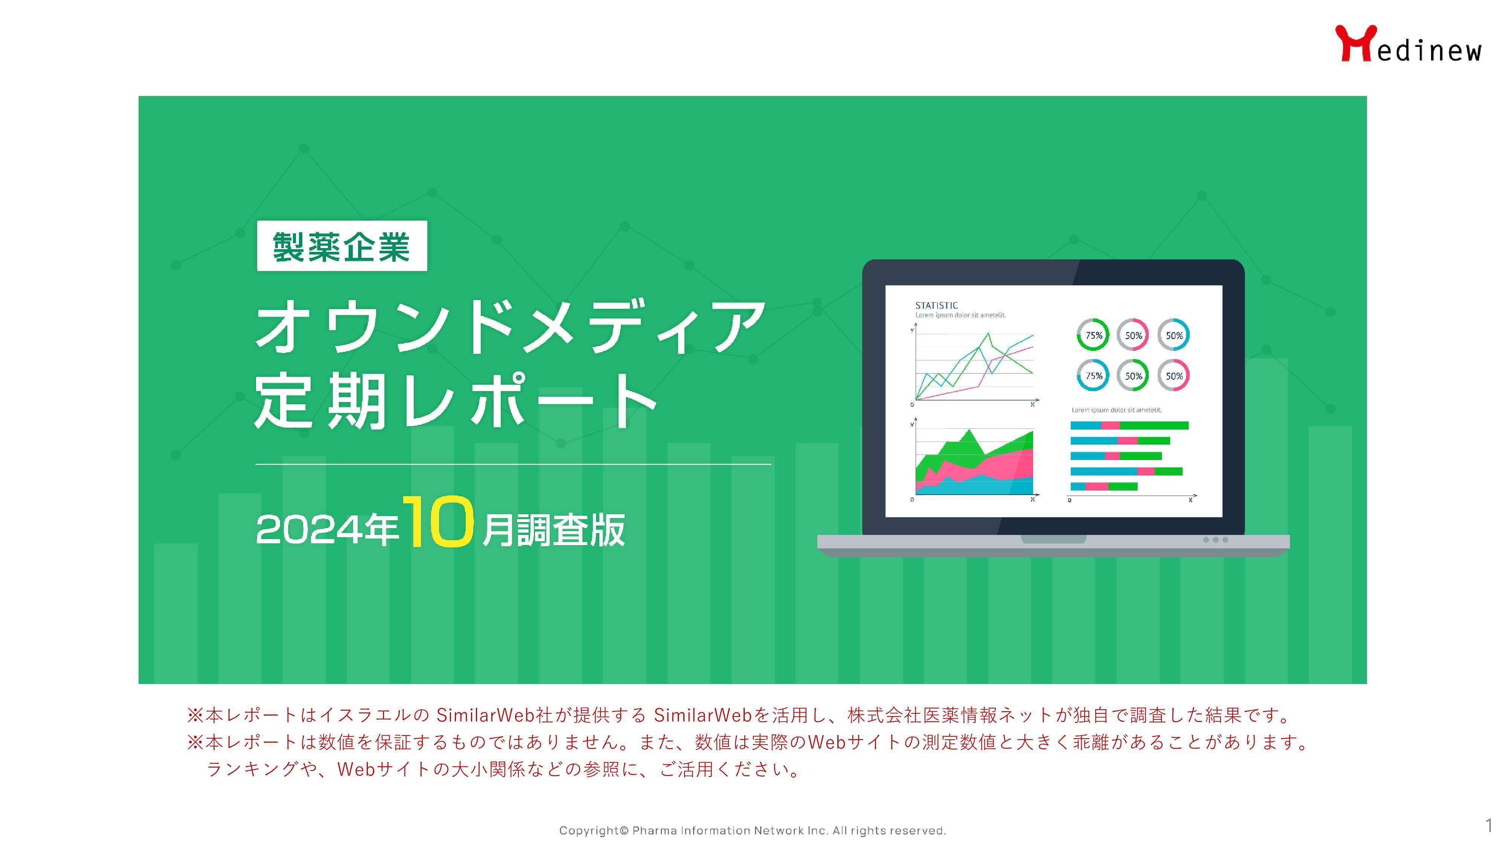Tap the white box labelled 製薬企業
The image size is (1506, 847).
[x=342, y=245]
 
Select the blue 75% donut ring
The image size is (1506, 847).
[x=1093, y=360]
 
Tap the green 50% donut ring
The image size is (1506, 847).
[x=1133, y=360]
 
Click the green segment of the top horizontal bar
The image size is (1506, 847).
[x=1154, y=425]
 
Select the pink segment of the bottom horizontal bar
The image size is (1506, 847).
[x=1097, y=486]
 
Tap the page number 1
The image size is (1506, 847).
[x=1488, y=826]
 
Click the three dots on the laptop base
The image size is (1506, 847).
[x=1215, y=540]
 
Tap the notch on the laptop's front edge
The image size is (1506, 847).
[x=1053, y=539]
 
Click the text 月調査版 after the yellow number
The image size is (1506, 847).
[x=553, y=530]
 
